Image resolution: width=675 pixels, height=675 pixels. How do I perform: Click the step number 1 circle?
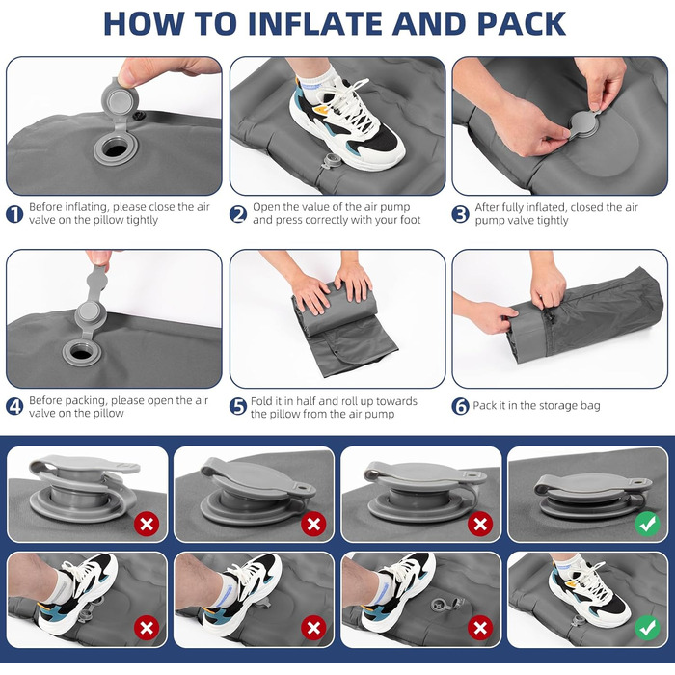14,214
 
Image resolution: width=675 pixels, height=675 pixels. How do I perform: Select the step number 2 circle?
238,214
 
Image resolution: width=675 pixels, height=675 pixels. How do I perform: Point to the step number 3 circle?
460,214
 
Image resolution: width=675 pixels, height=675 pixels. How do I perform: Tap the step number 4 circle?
14,406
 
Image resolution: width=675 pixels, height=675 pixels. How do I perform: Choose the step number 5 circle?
238,406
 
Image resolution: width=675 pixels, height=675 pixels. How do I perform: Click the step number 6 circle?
460,406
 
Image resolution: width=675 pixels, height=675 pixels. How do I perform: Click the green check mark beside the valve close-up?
647,524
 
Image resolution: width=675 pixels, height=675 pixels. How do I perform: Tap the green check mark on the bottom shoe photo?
647,628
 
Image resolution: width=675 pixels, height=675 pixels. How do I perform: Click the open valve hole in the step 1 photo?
116,150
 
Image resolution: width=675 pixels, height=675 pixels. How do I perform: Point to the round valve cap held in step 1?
120,100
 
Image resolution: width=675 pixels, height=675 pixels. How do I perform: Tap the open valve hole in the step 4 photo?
81,353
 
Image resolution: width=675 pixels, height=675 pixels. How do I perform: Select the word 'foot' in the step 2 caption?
409,220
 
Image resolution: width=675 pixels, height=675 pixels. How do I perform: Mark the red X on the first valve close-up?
147,524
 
